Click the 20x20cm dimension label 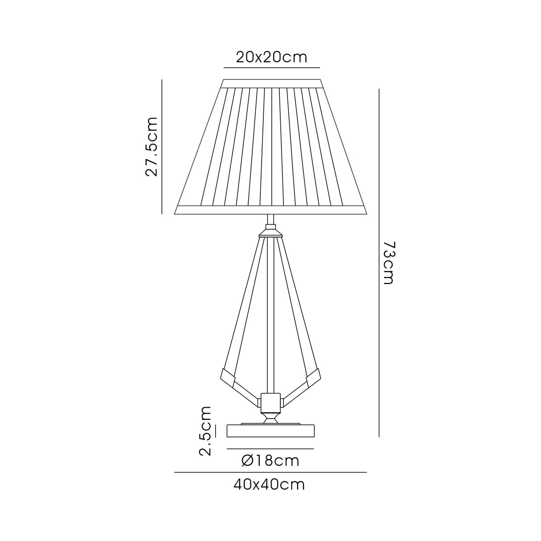pos(271,57)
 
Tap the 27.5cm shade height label pos(152,147)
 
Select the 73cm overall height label pos(388,263)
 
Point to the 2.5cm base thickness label pos(205,431)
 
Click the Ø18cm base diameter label pos(270,460)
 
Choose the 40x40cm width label pos(269,484)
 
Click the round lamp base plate pos(270,431)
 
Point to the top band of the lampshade pos(271,83)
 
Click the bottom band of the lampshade pos(270,210)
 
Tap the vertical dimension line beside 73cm pos(379,263)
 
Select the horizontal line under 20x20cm pos(271,67)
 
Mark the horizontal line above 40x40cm pos(270,472)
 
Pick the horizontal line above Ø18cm pos(270,448)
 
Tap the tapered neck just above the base pos(270,418)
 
